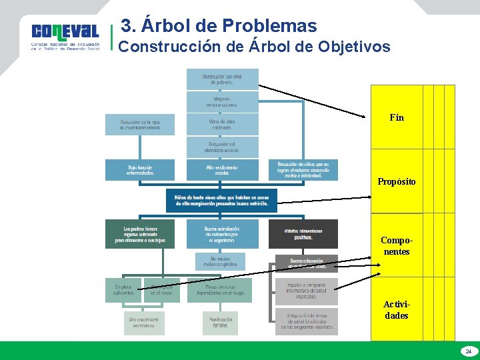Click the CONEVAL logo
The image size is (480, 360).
click(x=65, y=37)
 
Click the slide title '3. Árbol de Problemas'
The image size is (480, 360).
click(x=219, y=26)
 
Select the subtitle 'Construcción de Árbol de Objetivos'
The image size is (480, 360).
click(x=254, y=47)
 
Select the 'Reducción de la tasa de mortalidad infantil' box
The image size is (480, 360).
click(x=139, y=125)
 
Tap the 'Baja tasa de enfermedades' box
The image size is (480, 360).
click(x=139, y=169)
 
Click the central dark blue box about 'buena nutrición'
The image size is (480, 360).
click(x=221, y=199)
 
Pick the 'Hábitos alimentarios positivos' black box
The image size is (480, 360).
click(x=303, y=234)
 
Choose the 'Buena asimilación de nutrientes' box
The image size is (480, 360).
click(x=221, y=233)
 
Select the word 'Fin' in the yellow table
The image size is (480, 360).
click(x=396, y=117)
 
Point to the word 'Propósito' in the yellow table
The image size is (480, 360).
click(x=396, y=181)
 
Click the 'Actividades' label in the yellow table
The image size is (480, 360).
click(x=396, y=310)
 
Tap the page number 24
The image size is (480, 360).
click(x=468, y=351)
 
